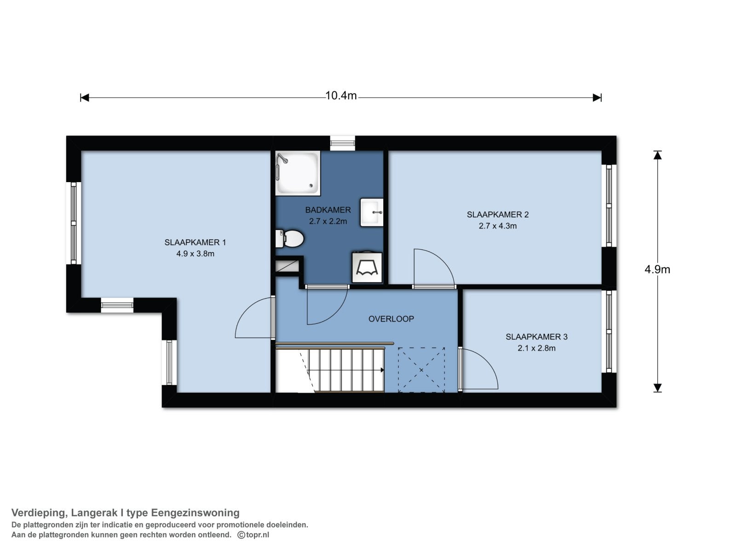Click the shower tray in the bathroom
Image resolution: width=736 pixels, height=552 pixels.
click(298, 173)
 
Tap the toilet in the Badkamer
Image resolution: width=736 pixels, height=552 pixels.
click(290, 239)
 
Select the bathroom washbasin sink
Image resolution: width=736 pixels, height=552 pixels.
click(372, 212)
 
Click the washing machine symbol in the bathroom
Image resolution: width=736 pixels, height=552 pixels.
click(367, 267)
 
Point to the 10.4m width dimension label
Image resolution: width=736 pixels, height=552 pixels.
click(341, 96)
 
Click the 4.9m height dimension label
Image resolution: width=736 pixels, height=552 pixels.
click(657, 270)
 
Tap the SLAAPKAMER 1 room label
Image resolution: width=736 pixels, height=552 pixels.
click(195, 242)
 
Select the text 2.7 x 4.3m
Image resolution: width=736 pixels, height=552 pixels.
click(498, 226)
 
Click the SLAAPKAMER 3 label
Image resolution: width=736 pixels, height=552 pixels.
click(536, 337)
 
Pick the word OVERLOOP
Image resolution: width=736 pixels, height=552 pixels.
click(391, 319)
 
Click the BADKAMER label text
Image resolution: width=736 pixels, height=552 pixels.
click(328, 210)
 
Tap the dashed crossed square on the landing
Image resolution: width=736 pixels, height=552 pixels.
click(421, 370)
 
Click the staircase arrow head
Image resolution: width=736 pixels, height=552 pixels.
click(382, 370)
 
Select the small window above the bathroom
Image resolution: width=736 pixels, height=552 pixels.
click(342, 143)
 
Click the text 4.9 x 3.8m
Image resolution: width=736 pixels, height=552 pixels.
click(195, 254)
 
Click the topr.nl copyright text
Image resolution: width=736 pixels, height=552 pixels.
click(253, 535)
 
